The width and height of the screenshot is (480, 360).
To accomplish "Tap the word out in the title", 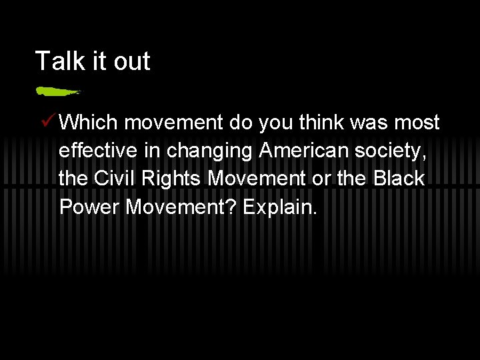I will (131, 61).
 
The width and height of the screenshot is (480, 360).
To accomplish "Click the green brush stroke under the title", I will (57, 90).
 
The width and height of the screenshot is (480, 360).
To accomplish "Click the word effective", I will (101, 151).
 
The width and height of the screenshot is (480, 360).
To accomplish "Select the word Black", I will (398, 179).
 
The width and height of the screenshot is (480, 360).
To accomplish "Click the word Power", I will (89, 207).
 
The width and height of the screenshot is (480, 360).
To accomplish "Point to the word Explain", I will (280, 207).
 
